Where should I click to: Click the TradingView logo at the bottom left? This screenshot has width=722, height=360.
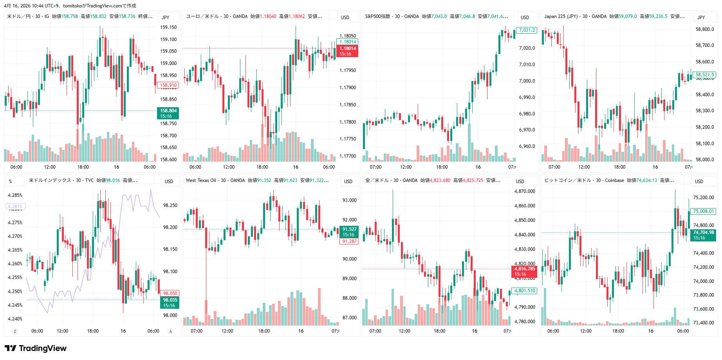pos(36,348)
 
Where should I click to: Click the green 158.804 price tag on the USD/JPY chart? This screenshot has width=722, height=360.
pos(168,113)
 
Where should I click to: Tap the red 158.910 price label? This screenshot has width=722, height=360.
pos(168,85)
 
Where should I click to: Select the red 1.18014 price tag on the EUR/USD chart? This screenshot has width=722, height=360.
pos(347,51)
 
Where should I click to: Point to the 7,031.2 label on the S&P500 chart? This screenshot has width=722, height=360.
pos(527,30)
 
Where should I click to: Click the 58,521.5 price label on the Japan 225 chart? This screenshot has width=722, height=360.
pos(705,75)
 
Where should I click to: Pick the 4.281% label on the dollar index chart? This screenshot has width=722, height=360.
pos(15,207)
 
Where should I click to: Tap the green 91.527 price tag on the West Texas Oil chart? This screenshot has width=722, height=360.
pos(349,232)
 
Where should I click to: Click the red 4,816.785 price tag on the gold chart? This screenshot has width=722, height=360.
pos(524,271)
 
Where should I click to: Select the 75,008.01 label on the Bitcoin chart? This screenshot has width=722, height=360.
pos(704,211)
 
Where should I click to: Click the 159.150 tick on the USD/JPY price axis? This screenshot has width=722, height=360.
pos(168,27)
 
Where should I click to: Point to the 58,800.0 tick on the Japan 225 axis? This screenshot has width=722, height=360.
pos(704,29)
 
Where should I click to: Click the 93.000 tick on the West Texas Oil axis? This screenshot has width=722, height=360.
pos(349,200)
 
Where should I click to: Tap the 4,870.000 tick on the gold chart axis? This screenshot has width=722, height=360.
pos(524,191)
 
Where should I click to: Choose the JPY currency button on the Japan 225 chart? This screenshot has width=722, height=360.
pos(701,17)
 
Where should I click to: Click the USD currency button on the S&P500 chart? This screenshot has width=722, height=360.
pos(525,17)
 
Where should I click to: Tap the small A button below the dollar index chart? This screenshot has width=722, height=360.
pos(170,331)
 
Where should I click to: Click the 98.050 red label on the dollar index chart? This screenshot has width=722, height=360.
pos(170,293)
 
